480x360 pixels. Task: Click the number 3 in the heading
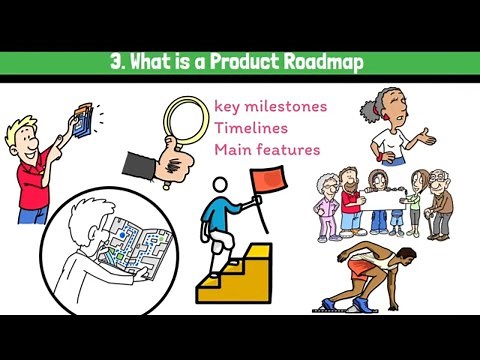tap(115, 62)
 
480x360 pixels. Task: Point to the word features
tap(289, 150)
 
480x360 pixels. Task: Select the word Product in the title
tap(239, 62)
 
